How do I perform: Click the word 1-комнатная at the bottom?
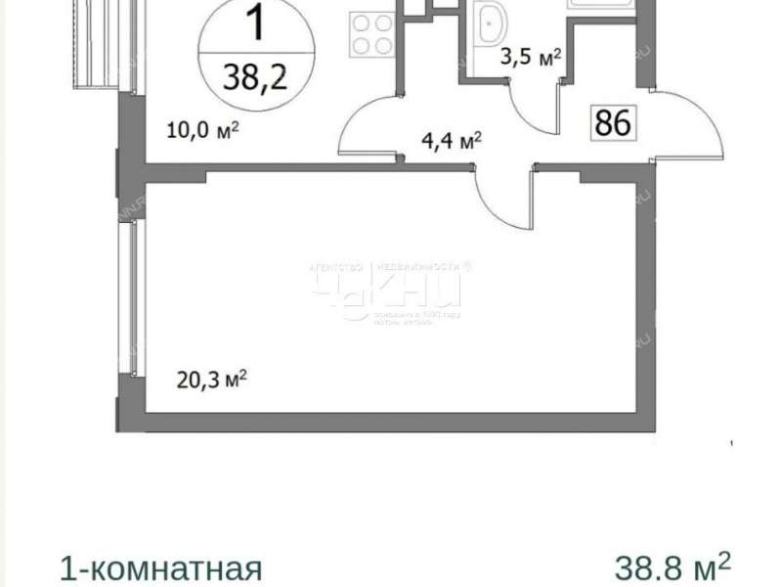[x=160, y=568]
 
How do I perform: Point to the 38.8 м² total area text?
[x=673, y=565]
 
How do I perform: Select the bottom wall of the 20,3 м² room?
[x=391, y=423]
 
